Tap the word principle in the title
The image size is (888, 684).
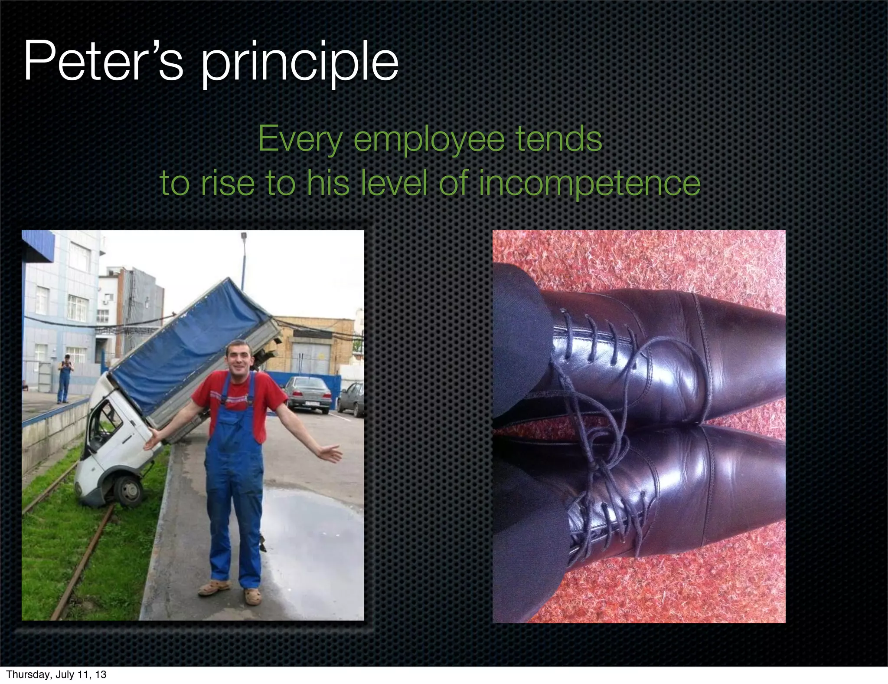point(299,63)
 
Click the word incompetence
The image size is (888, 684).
point(589,183)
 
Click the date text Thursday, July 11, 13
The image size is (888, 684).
point(56,674)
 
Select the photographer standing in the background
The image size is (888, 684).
point(65,378)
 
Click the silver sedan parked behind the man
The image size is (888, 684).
point(308,393)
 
